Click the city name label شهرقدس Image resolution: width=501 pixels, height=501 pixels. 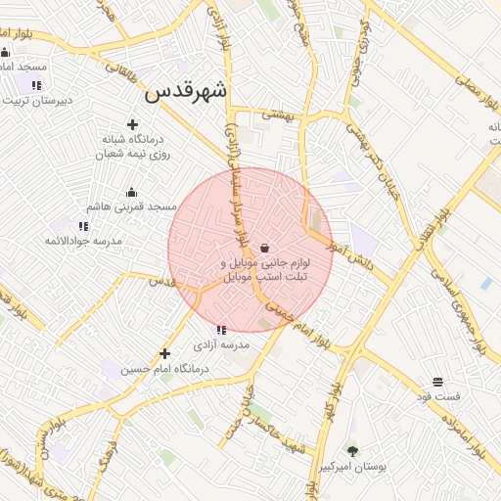pyautogui.click(x=185, y=91)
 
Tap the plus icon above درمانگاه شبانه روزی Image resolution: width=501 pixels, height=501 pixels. pyautogui.click(x=132, y=124)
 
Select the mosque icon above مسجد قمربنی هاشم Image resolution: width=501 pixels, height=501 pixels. pyautogui.click(x=131, y=192)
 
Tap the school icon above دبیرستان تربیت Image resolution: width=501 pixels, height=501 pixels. pyautogui.click(x=36, y=85)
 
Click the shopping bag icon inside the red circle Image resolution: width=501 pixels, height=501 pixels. pyautogui.click(x=266, y=248)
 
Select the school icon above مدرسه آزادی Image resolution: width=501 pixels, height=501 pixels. pyautogui.click(x=221, y=331)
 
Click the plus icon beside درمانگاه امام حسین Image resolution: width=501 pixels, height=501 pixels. pyautogui.click(x=164, y=353)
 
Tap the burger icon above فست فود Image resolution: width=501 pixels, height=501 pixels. pyautogui.click(x=437, y=381)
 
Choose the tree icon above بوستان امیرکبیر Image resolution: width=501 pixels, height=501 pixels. pyautogui.click(x=352, y=450)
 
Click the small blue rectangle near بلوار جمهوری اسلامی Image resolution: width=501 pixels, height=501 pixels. pyautogui.click(x=486, y=283)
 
